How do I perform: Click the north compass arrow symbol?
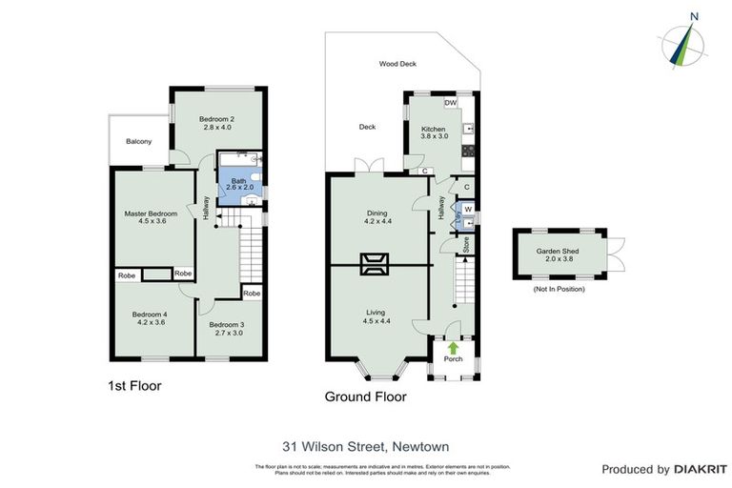pos(683,43)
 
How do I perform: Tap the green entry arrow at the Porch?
pos(453,348)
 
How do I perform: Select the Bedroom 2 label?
pos(217,118)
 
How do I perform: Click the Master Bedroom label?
pos(152,213)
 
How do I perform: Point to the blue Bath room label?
pos(238,180)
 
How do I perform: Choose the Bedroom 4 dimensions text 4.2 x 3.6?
pos(150,323)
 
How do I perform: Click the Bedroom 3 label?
pos(227,324)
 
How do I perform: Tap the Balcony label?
pos(139,142)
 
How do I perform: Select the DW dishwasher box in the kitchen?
pos(450,103)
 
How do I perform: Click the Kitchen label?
pos(434,129)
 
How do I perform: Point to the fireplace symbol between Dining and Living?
pos(374,263)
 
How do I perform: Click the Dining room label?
pos(377,213)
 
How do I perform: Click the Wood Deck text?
pos(397,64)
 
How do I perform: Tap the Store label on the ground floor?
pos(466,243)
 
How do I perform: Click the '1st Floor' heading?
pos(134,386)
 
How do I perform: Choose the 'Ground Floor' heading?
pos(366,396)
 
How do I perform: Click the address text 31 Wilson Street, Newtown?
pos(365,446)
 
